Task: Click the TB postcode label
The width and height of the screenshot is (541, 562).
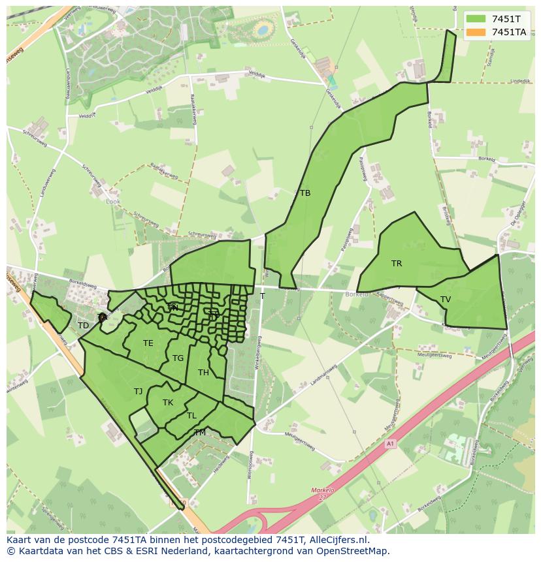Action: pos(305,193)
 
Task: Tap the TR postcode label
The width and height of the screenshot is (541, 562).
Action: pos(397,264)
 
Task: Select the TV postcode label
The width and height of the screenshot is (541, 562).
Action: pos(446,300)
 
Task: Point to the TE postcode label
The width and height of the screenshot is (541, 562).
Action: pos(148,343)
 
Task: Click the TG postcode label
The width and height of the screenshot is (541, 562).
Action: pos(178,358)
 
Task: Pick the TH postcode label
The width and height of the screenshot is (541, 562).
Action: pos(203,373)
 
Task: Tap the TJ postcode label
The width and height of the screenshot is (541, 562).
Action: pos(138,392)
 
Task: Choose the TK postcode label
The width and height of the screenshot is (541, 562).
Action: pos(168,403)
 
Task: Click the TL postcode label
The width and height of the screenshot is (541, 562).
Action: pos(191,416)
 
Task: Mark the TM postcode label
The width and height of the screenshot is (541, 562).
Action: pos(200,433)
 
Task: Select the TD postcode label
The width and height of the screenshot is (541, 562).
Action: pos(83,326)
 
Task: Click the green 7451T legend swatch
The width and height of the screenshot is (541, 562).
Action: pos(476,18)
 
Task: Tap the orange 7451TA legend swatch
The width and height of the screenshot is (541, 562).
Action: pos(476,31)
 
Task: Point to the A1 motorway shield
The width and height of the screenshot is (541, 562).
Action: pos(391,444)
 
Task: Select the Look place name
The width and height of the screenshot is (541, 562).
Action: pos(113,202)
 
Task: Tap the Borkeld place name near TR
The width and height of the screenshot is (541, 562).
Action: pos(357,294)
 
